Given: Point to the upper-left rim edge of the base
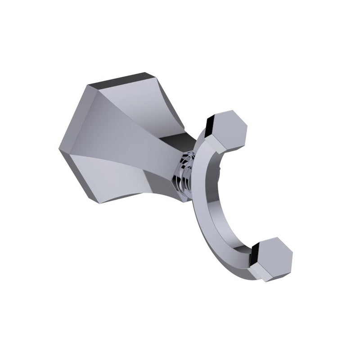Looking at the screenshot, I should [x=72, y=112].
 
